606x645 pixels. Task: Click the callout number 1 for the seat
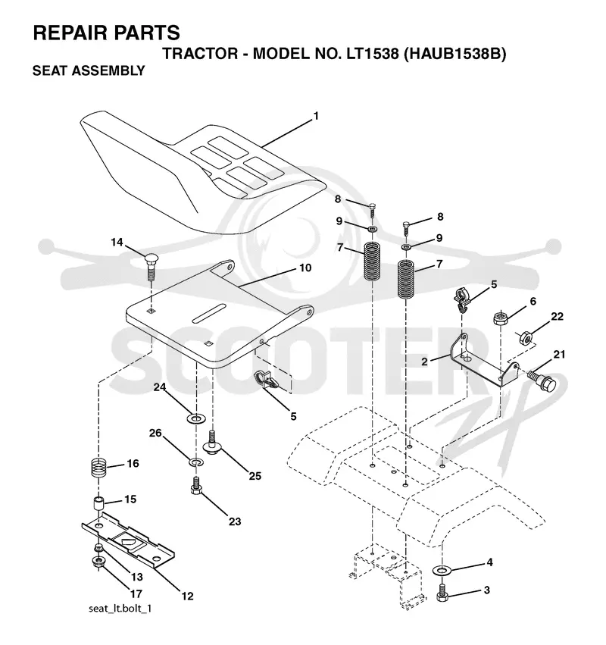pyautogui.click(x=316, y=117)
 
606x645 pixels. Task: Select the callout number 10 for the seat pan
pyautogui.click(x=305, y=268)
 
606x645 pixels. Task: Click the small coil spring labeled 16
pyautogui.click(x=98, y=468)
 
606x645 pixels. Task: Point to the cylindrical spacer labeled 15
pyautogui.click(x=98, y=505)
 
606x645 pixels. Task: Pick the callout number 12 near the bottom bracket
pyautogui.click(x=187, y=596)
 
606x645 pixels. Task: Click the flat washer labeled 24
pyautogui.click(x=196, y=419)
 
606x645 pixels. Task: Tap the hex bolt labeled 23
pyautogui.click(x=196, y=485)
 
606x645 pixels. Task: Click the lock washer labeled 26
pyautogui.click(x=196, y=462)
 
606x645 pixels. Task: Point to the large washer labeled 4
pyautogui.click(x=442, y=571)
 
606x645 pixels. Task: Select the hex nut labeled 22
pyautogui.click(x=526, y=337)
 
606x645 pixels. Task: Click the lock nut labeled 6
pyautogui.click(x=501, y=318)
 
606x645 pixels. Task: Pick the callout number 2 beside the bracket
pyautogui.click(x=424, y=362)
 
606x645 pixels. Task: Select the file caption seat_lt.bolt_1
pyautogui.click(x=120, y=608)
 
